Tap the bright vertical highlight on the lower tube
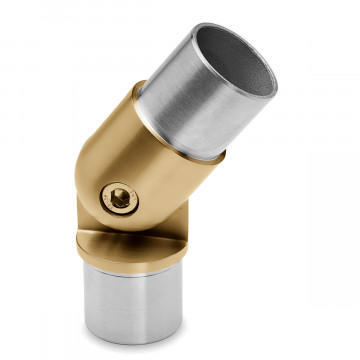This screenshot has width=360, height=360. [100, 300]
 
